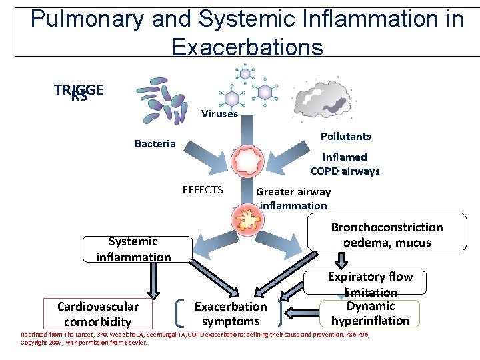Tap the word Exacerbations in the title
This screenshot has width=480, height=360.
click(247, 47)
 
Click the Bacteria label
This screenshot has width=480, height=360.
click(155, 144)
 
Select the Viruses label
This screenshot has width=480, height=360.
click(219, 114)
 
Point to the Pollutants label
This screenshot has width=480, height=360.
click(345, 136)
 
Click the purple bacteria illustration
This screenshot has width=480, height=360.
click(161, 104)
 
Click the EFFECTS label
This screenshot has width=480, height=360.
click(203, 190)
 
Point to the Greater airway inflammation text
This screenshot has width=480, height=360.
click(293, 199)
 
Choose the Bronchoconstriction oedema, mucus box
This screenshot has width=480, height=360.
click(387, 235)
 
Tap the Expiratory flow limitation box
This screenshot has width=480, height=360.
click(371, 283)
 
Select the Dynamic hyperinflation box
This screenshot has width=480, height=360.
click(371, 313)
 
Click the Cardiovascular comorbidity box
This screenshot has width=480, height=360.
click(98, 313)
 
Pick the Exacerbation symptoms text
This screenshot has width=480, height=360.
click(230, 313)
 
